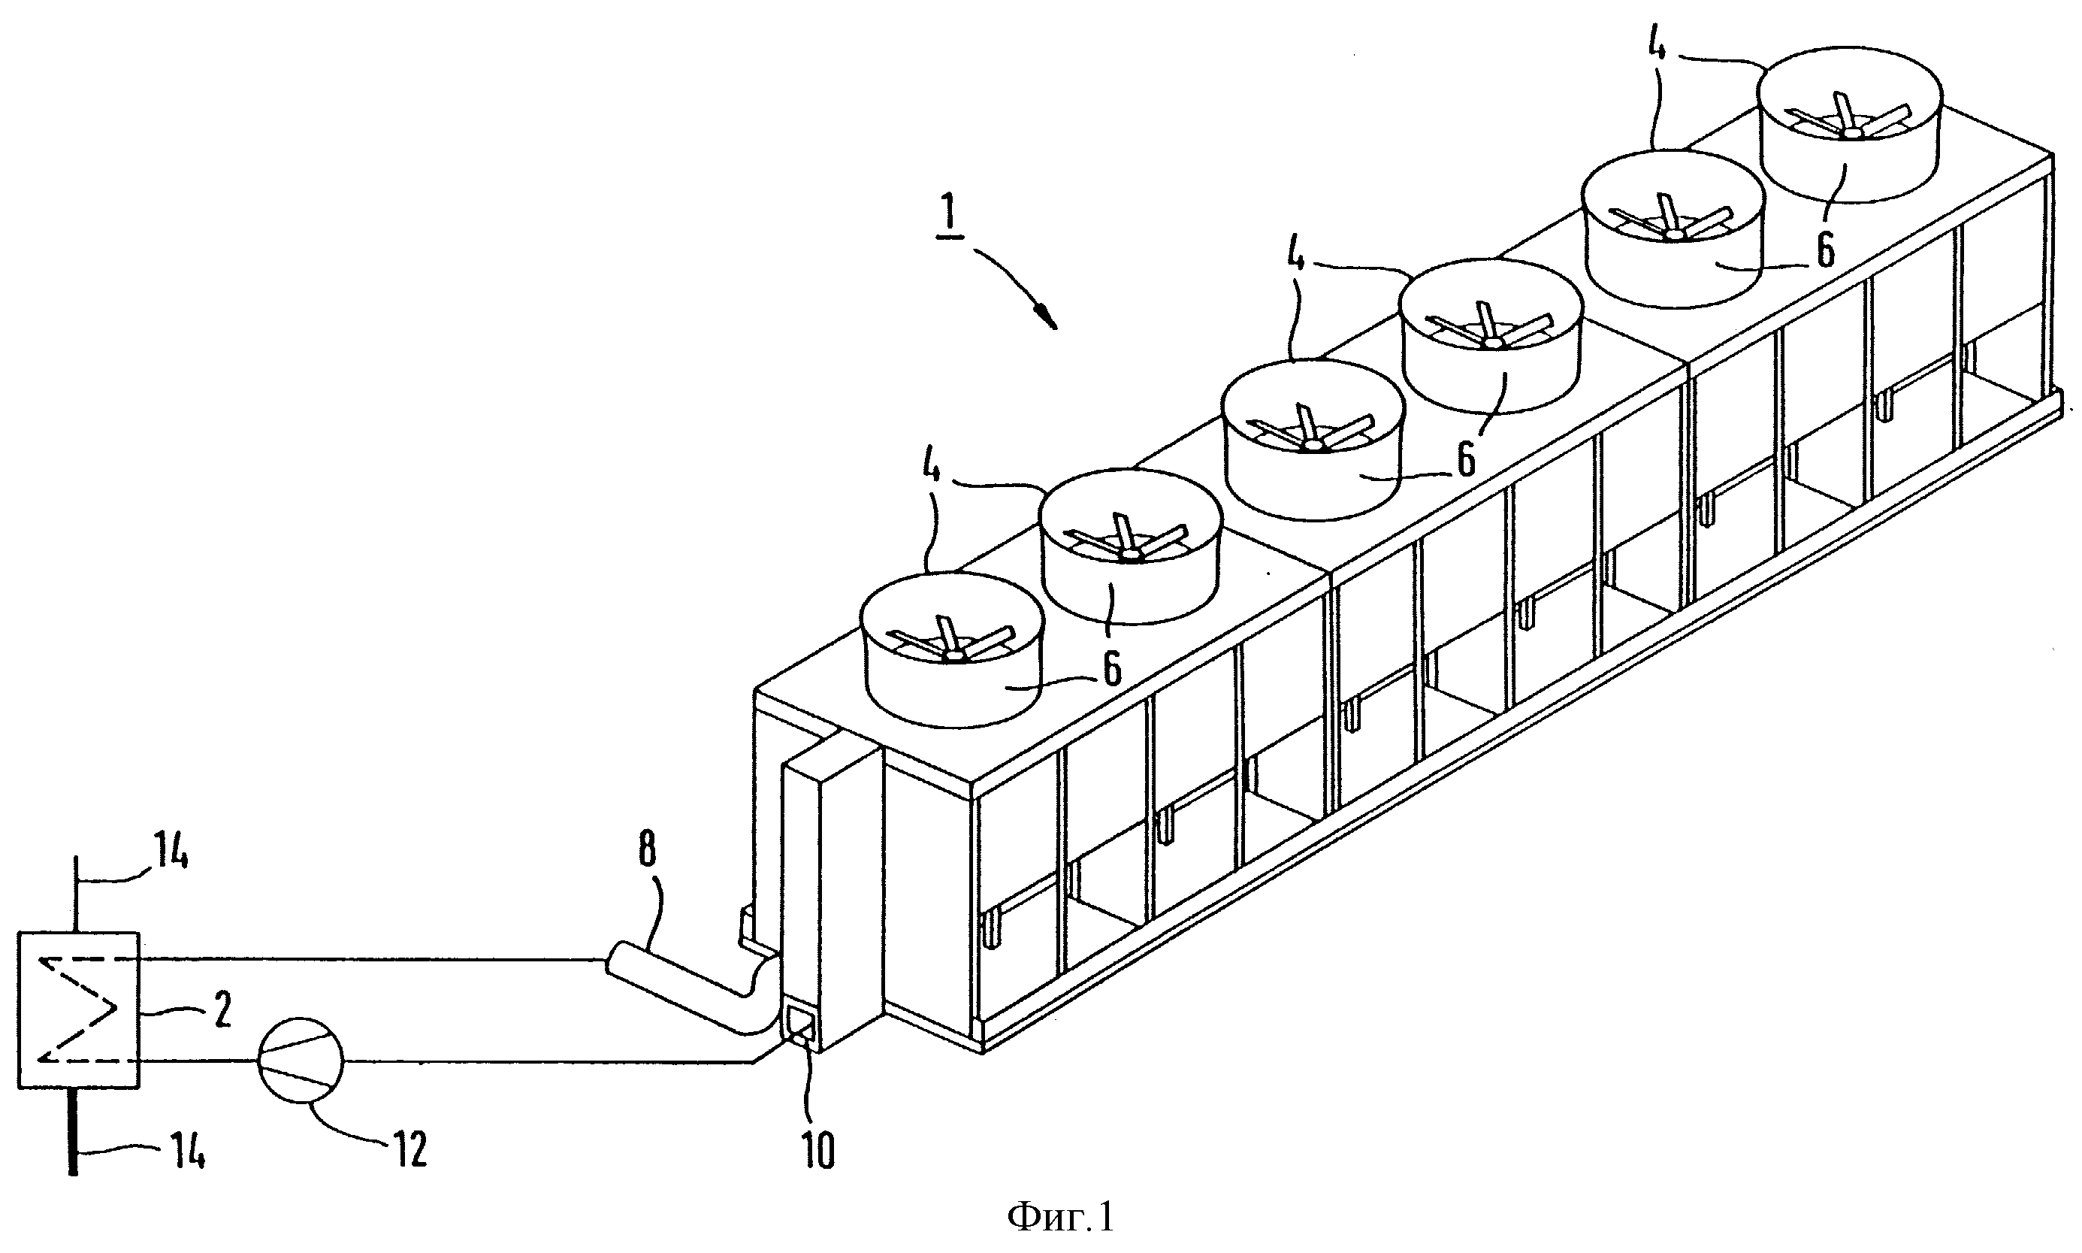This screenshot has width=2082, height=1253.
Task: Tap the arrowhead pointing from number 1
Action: (x=1047, y=317)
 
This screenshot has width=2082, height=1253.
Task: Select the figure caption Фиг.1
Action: (x=1061, y=1218)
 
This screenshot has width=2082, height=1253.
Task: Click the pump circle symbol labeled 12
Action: (x=301, y=1062)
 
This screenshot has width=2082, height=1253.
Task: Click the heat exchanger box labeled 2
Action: (x=78, y=1009)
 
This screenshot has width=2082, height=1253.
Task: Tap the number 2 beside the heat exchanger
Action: (x=221, y=1009)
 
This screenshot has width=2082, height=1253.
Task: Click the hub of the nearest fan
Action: (x=953, y=655)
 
